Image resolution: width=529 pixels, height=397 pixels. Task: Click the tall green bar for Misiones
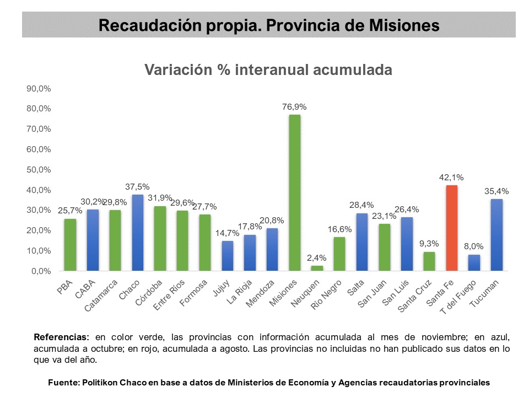click(295, 192)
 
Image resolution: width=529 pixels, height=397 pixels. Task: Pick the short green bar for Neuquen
click(317, 268)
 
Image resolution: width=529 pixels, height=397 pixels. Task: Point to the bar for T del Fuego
click(474, 262)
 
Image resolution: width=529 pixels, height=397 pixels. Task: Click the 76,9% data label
click(294, 107)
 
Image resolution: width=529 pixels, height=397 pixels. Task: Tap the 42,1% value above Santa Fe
click(451, 178)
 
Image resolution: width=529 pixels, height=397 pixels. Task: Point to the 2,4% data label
click(317, 258)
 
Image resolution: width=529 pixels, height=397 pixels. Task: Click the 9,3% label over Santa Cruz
click(429, 244)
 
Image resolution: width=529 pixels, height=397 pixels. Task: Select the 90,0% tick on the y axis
click(39, 88)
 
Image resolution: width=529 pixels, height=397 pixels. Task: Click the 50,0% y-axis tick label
click(39, 170)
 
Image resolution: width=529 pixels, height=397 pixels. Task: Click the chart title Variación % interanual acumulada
click(268, 70)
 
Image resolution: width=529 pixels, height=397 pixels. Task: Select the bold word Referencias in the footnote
click(61, 336)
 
